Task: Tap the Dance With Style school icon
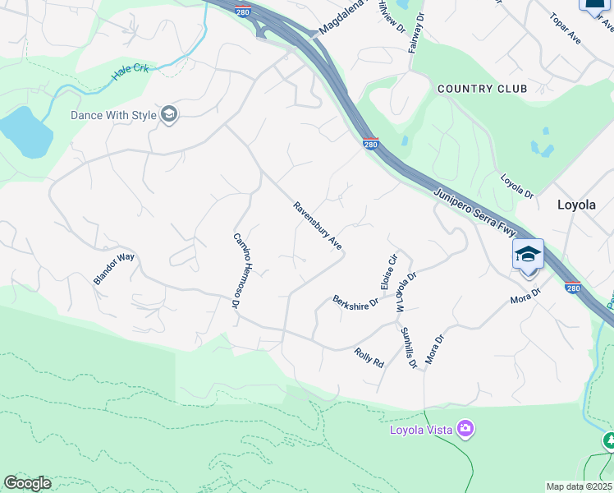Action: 169,115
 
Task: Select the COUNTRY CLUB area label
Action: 476,89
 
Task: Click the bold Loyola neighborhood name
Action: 576,205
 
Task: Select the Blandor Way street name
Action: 113,269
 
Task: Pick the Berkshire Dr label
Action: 355,302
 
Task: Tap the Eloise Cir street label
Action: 389,270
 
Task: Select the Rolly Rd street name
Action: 369,357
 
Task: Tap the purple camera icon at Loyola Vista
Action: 465,428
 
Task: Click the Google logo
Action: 27,483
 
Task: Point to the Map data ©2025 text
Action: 579,486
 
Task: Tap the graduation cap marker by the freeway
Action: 528,254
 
